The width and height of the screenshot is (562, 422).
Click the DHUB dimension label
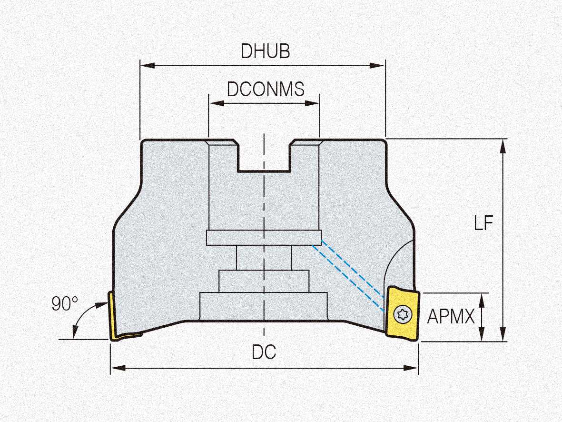265,51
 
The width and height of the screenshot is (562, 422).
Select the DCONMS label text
265,89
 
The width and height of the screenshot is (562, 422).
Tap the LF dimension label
483,223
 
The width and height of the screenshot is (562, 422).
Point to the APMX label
451,316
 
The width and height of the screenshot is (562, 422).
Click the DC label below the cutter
264,352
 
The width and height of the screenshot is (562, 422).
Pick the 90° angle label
64,304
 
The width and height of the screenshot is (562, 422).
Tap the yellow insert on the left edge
114,317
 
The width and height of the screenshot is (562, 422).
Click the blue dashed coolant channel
350,271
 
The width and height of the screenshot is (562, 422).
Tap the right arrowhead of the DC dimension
414,368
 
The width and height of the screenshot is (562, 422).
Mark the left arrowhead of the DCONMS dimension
213,103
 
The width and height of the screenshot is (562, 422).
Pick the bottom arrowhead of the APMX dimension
483,337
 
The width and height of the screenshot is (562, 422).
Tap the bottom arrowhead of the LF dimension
503,337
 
